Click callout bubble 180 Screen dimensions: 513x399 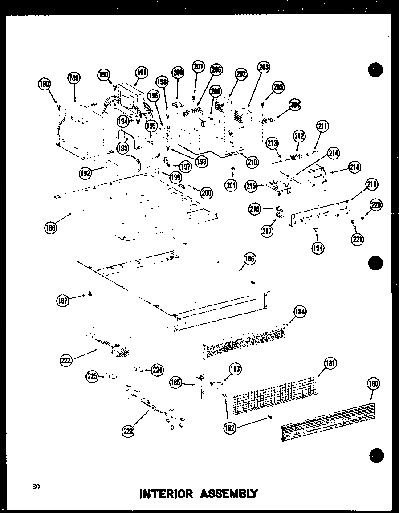click(x=373, y=383)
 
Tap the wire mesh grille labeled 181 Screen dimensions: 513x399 click(x=276, y=395)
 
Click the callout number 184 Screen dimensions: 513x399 click(x=300, y=312)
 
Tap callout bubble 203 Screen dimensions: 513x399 click(x=264, y=67)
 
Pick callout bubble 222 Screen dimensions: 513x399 click(x=67, y=360)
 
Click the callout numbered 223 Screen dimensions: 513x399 click(x=128, y=430)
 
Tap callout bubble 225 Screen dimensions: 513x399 click(x=92, y=377)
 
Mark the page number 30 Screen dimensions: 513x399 click(x=36, y=487)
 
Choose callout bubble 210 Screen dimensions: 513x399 click(x=252, y=162)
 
